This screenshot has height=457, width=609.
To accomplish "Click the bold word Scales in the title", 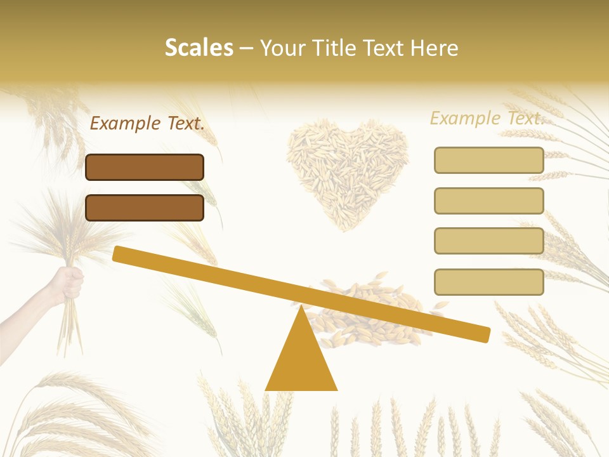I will coord(199,48).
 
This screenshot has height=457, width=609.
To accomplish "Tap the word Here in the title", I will coord(433,48).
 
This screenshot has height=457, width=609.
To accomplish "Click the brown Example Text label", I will coord(147,124).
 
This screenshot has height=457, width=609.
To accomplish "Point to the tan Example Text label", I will coord(487,118).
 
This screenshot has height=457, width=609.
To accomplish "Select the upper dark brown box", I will coord(145,167).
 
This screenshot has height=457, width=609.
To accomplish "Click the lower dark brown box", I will coord(145,208).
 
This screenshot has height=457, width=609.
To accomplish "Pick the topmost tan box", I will coord(489,160).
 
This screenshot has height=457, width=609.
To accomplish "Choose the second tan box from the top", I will coord(489,201).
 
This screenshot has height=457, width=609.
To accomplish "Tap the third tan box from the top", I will coord(489,241).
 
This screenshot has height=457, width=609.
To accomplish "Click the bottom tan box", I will coord(489,282).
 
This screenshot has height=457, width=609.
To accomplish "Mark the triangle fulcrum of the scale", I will coord(301,359).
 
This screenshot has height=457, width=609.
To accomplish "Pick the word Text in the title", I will coord(382,48).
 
